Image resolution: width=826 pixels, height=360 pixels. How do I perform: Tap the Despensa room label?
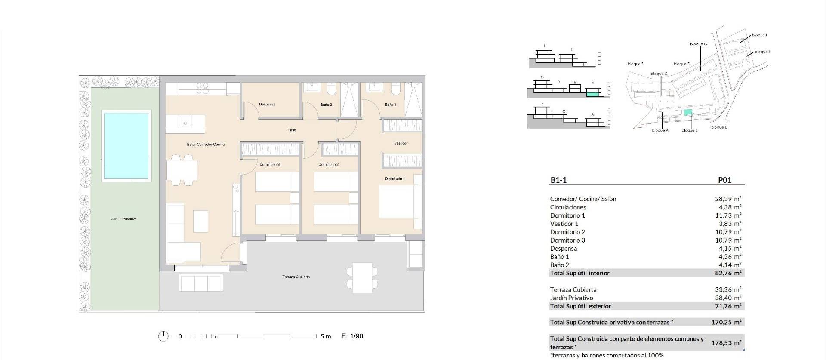tap(267, 105)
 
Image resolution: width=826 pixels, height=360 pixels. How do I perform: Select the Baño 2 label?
tap(326, 105)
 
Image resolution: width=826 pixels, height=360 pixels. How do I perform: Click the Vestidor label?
tap(401, 143)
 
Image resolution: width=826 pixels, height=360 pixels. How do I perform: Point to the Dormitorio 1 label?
tap(395, 179)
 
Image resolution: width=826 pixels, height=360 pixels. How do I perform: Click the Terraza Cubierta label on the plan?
tap(296, 277)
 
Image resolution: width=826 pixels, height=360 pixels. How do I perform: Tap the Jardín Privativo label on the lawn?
tap(124, 219)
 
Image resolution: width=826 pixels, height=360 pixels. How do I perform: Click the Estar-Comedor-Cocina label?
tap(206, 145)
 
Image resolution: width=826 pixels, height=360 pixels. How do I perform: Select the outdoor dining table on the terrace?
tap(362, 278)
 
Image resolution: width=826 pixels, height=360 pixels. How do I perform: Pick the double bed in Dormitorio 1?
tap(397, 201)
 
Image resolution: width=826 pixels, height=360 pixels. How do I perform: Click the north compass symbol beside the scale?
tap(163, 336)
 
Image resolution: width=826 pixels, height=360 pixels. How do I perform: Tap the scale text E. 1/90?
tap(352, 336)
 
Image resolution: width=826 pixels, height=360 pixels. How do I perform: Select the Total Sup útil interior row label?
tap(579, 273)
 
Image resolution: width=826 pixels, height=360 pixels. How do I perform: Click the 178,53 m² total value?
tap(726, 343)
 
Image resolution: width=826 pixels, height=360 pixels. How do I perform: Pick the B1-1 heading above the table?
tap(558, 180)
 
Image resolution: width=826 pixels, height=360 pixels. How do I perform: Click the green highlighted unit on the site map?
tap(688, 113)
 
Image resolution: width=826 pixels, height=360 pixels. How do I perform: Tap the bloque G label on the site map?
tap(698, 44)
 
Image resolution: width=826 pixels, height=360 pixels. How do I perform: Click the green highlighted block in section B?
tap(592, 93)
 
